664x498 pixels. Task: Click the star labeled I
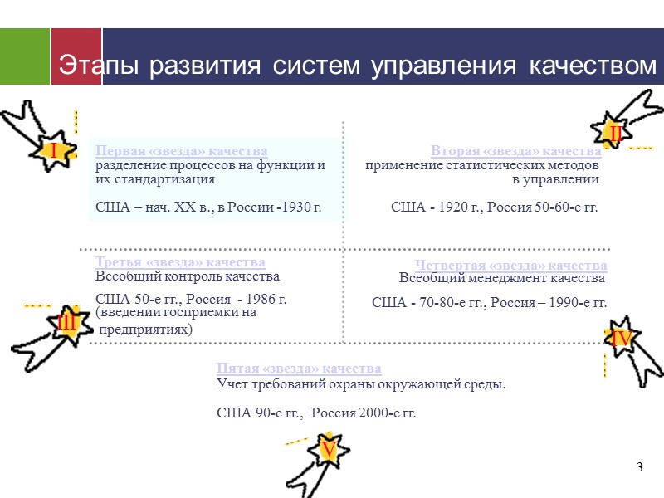53,151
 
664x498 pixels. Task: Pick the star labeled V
328,450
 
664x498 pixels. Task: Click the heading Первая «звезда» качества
182,151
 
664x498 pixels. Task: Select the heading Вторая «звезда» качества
515,151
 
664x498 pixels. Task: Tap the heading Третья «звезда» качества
180,263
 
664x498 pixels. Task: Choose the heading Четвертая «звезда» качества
511,266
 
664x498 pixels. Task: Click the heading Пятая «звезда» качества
299,369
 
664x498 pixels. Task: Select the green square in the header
25,56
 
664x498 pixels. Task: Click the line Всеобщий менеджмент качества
502,278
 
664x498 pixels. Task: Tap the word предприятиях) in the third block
146,329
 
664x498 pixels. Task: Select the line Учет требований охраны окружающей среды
361,384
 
